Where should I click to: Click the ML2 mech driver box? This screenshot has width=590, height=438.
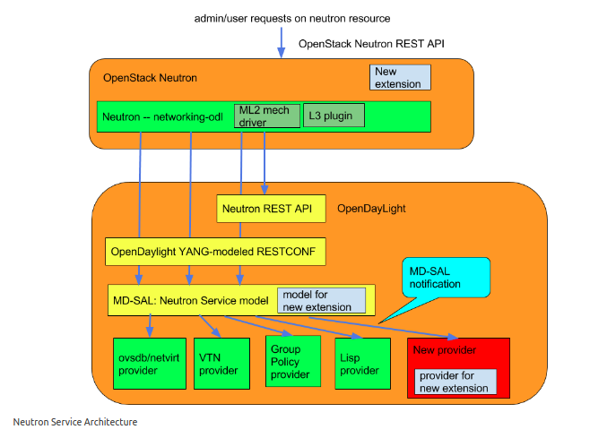(x=266, y=116)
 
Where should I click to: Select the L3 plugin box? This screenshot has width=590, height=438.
(x=334, y=116)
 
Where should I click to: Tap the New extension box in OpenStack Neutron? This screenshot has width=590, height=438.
(x=400, y=77)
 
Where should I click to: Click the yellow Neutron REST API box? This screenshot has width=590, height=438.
(x=266, y=209)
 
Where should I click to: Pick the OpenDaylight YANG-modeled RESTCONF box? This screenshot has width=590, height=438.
(x=214, y=252)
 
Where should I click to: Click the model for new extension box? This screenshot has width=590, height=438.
(x=321, y=300)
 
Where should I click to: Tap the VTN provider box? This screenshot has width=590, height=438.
(x=220, y=364)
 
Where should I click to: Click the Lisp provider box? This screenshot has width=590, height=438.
(x=361, y=364)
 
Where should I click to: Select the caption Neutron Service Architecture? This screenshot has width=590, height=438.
(x=75, y=422)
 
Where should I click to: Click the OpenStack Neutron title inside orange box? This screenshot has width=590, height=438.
(x=150, y=78)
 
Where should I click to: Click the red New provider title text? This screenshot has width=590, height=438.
(x=444, y=349)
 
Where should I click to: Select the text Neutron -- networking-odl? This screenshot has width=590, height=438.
(x=162, y=116)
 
